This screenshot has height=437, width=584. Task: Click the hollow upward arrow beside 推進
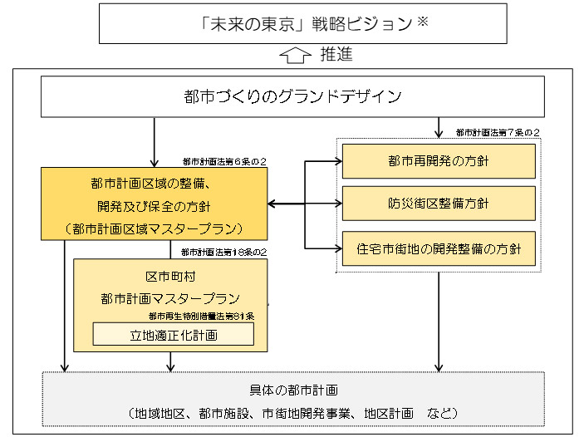click(297, 56)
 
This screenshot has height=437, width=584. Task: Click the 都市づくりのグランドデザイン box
click(292, 97)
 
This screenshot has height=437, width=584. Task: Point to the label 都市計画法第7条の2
click(498, 133)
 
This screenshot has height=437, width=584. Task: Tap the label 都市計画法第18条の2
click(223, 252)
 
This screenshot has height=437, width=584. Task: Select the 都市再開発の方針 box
click(439, 160)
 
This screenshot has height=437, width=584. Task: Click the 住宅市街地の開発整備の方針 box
click(439, 248)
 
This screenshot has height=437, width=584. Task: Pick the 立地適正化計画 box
click(173, 334)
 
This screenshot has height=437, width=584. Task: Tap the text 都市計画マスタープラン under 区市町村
click(170, 297)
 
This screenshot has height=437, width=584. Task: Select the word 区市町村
click(170, 275)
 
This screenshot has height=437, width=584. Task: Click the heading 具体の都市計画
click(293, 390)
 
